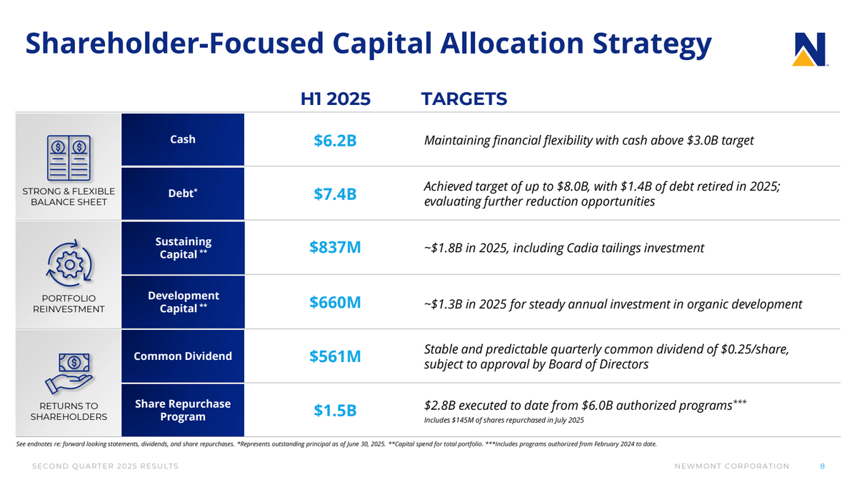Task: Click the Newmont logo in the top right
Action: click(x=809, y=50)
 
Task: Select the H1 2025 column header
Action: click(x=335, y=99)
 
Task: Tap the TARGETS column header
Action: click(x=464, y=99)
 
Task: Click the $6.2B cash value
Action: click(x=335, y=141)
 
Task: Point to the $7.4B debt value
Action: click(x=335, y=194)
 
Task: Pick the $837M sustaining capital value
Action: click(x=335, y=247)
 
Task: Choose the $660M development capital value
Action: click(x=335, y=303)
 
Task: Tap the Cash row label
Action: click(x=183, y=139)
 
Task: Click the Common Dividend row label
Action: click(x=183, y=356)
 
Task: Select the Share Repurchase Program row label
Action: click(x=183, y=410)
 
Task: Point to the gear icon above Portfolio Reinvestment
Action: click(x=69, y=263)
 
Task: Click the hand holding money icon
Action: click(x=69, y=373)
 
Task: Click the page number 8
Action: click(x=823, y=466)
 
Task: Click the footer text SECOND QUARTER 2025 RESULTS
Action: click(x=104, y=466)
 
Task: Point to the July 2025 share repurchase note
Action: click(x=503, y=420)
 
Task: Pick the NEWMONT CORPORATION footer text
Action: click(x=731, y=466)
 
